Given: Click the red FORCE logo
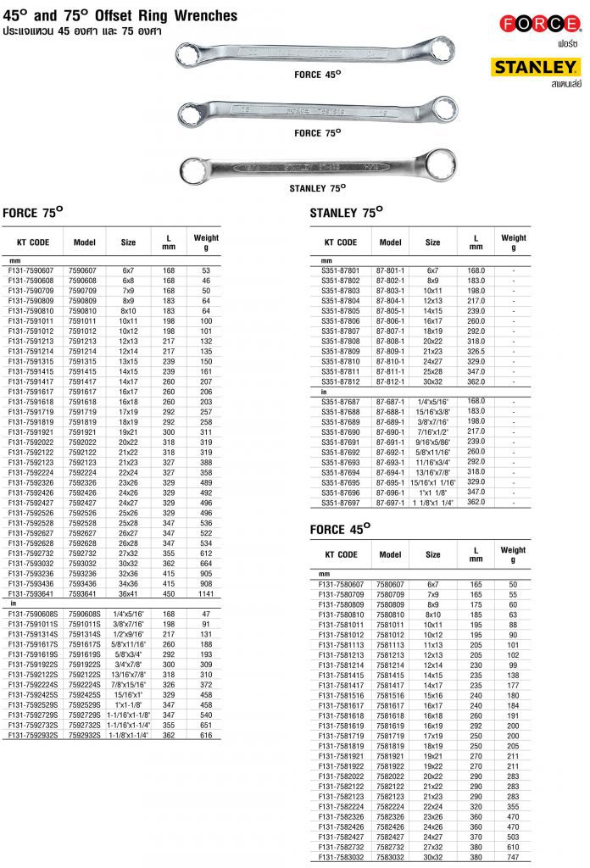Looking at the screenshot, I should pos(540,24).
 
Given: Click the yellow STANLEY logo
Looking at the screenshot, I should pos(537,66).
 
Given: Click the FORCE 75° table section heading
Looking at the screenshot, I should pos(34,213).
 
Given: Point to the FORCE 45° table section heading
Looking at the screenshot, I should pos(341,530).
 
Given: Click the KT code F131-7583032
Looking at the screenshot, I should pos(341,856).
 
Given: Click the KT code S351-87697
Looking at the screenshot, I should pos(341,503).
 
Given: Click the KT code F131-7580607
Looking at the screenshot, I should pos(341,584).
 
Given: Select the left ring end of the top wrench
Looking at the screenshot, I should pos(188,58).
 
